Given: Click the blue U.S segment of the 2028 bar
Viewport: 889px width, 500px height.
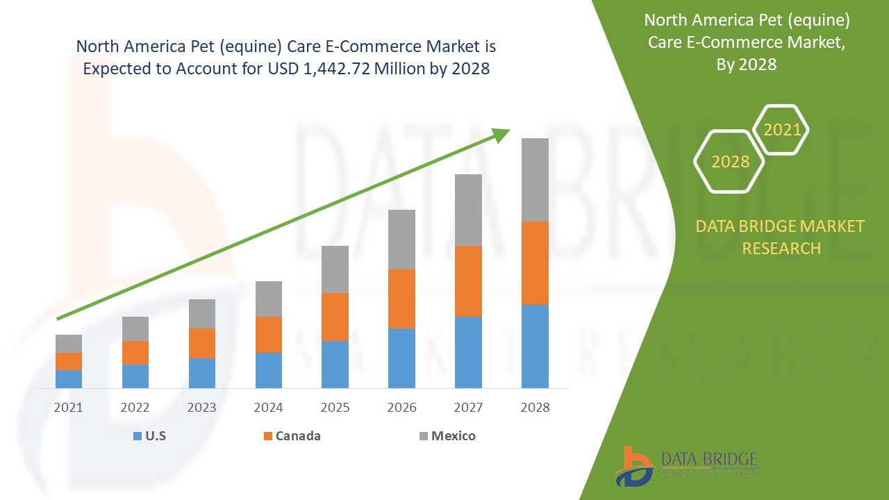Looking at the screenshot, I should [x=535, y=346].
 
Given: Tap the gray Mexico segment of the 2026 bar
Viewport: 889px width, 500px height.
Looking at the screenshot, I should [x=401, y=239].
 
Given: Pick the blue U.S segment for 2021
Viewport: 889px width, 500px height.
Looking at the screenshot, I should [x=69, y=378].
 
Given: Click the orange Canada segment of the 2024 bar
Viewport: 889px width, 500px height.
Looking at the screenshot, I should [x=269, y=334].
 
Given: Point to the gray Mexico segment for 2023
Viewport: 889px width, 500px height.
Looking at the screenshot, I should [x=202, y=313].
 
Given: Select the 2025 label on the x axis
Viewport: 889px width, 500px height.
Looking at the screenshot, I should [x=335, y=408].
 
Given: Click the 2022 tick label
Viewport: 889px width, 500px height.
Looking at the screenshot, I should [x=135, y=408].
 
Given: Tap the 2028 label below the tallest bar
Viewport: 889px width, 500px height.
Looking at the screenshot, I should [x=535, y=408].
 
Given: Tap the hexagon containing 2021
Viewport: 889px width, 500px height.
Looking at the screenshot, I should [x=782, y=130].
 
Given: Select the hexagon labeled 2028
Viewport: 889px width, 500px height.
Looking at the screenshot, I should [x=730, y=161].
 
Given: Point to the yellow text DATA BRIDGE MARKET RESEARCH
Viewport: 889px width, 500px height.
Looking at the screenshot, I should [x=781, y=237].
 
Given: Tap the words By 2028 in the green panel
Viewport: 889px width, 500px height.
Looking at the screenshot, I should [x=746, y=65].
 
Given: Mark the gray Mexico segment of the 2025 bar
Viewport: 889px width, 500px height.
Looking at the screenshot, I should [x=335, y=269].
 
